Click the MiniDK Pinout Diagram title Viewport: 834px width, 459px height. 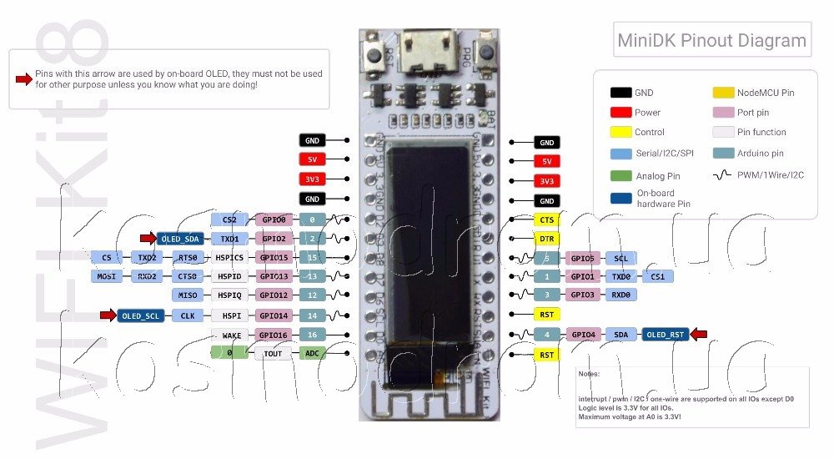[711, 41]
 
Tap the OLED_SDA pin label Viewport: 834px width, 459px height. [179, 239]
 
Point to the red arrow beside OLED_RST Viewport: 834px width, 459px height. [699, 335]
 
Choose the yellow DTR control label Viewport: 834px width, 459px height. [546, 239]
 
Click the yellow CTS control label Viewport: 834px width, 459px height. [546, 219]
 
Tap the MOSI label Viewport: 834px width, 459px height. [106, 276]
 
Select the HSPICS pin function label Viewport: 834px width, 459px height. [229, 258]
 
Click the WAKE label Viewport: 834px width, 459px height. [232, 335]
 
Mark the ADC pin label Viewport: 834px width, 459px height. [312, 354]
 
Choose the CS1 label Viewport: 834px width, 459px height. [657, 276]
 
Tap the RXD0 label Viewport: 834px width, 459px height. [621, 295]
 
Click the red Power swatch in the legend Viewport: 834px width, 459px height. [620, 113]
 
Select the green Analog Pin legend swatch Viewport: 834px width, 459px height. [620, 176]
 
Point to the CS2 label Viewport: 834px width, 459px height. [229, 219]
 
